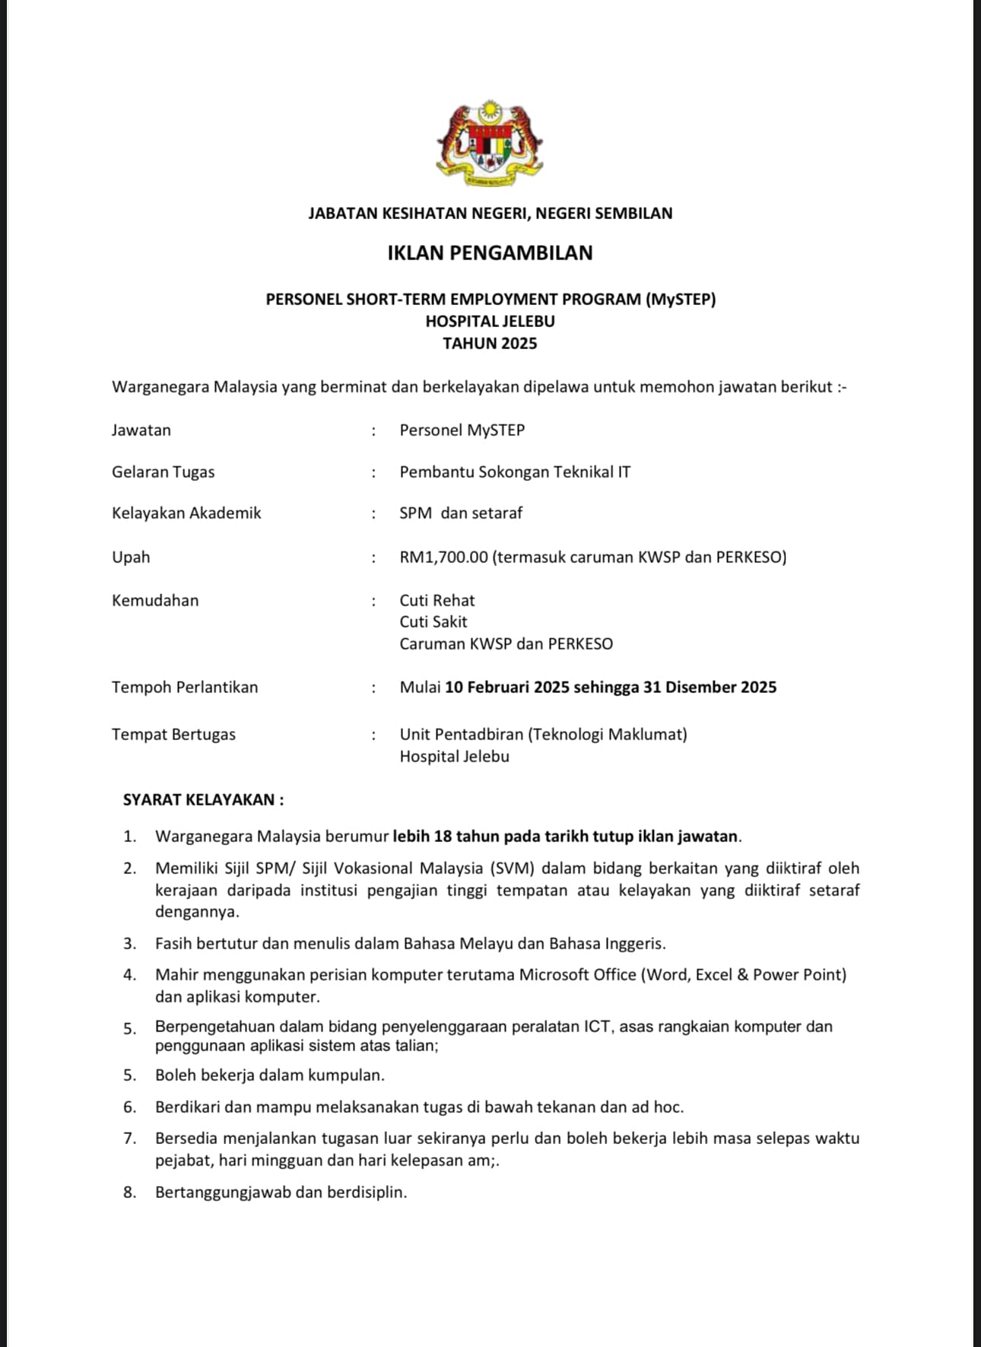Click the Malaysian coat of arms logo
coord(490,143)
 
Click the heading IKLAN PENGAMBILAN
coord(490,253)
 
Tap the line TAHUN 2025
coord(490,344)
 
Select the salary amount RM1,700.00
coord(443,558)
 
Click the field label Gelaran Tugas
coord(163,472)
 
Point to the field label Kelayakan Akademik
coord(186,513)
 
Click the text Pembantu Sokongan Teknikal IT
coord(515,472)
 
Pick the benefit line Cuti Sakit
coord(433,622)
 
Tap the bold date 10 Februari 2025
coord(506,688)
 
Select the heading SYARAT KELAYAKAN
coord(203,800)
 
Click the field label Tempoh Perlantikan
coord(185,688)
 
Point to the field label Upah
coord(131,558)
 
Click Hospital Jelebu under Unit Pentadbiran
coord(454,757)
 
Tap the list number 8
coord(130,1193)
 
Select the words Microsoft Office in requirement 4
coord(577,975)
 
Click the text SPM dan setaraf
coord(461,513)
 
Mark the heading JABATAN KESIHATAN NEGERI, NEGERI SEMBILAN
coord(490,214)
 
